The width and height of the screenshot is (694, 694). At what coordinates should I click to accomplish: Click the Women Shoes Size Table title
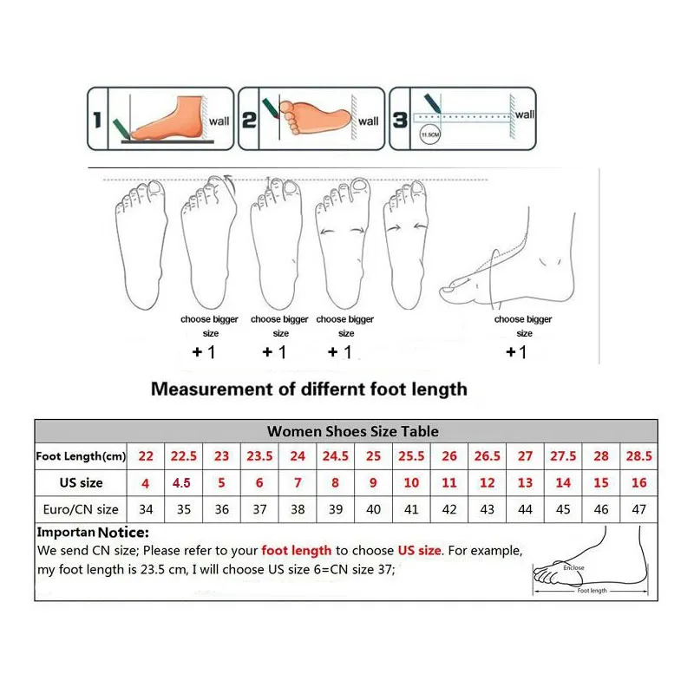[353, 431]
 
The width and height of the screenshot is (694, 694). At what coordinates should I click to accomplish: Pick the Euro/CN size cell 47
[639, 509]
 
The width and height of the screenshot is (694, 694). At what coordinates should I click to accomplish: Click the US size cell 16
[639, 482]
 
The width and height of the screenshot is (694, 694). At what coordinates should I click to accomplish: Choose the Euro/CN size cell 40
[373, 509]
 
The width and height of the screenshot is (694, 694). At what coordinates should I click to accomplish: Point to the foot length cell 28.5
[639, 456]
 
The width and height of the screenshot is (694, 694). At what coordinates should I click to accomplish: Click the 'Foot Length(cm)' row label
[81, 456]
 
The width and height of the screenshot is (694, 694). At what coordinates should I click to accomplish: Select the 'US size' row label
[81, 482]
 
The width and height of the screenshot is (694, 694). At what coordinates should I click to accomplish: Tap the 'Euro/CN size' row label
[81, 509]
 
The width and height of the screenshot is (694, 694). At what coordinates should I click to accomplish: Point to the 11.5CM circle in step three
[427, 135]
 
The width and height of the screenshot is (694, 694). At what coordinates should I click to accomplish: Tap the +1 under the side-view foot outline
[516, 352]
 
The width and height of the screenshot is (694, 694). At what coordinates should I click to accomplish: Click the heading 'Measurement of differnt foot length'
[309, 389]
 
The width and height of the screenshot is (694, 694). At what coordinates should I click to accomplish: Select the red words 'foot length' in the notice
[297, 550]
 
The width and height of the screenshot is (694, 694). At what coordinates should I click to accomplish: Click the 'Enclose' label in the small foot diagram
[573, 568]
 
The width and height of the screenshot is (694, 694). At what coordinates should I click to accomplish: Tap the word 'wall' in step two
[369, 121]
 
